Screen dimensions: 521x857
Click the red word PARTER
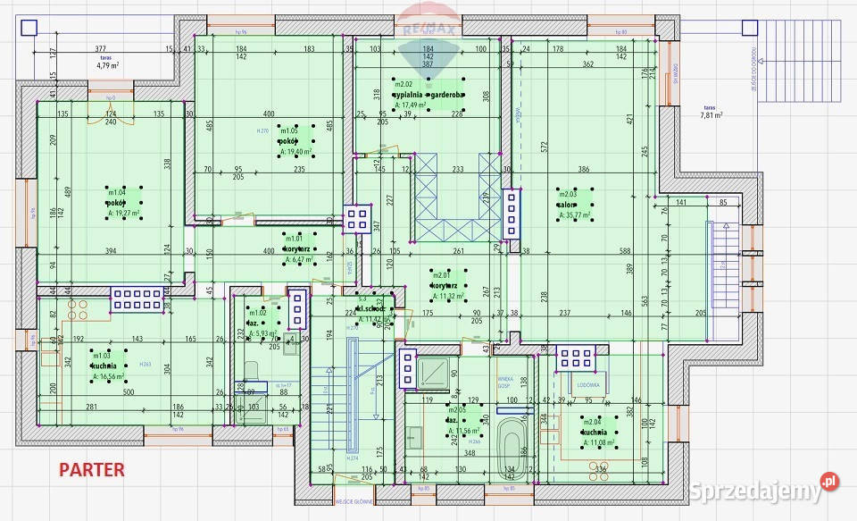pos(92,468)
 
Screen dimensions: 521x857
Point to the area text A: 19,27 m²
pos(119,214)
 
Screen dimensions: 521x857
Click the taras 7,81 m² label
pos(711,114)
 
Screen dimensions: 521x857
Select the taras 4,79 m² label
pos(108,65)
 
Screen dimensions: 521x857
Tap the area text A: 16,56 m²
pos(106,377)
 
